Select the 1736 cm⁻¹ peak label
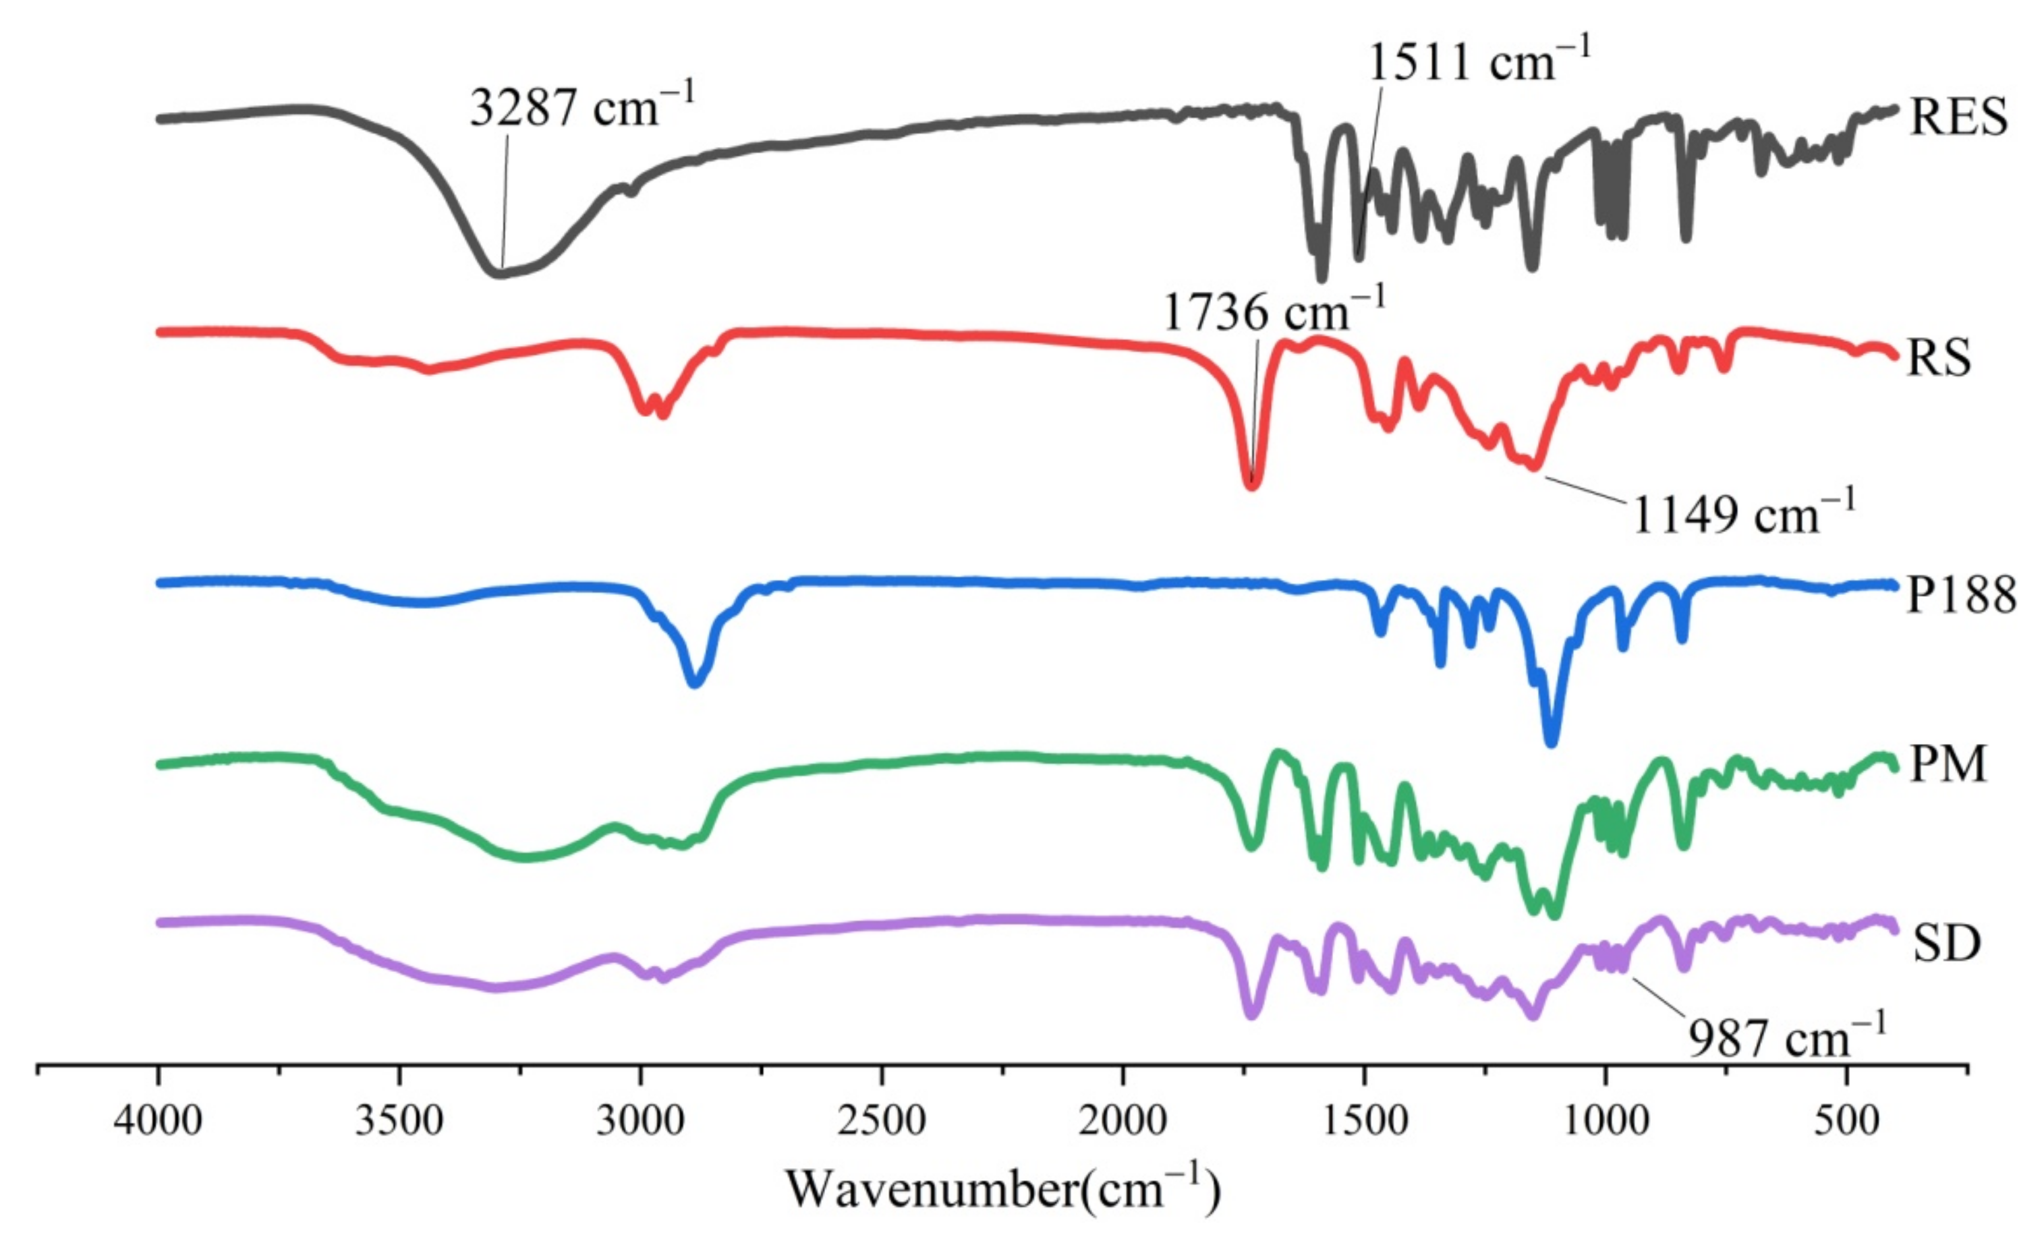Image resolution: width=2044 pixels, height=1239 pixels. tap(1274, 313)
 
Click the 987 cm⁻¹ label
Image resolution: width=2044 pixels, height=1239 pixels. tap(1788, 1037)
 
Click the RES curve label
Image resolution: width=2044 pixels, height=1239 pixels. tap(1958, 116)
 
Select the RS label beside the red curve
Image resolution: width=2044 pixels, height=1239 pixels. tap(1939, 358)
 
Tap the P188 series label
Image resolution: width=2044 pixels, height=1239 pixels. tap(1961, 595)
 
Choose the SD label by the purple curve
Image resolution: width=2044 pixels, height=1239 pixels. tap(1946, 943)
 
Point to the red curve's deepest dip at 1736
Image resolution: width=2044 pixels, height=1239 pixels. tap(1253, 484)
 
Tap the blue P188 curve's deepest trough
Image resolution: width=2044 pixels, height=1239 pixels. tap(1552, 741)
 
